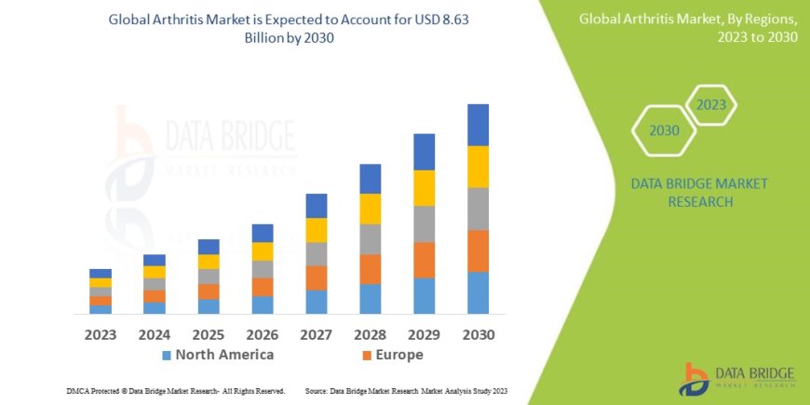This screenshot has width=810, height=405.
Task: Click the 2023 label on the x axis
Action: pyautogui.click(x=101, y=334)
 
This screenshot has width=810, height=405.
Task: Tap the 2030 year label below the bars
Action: pyautogui.click(x=478, y=334)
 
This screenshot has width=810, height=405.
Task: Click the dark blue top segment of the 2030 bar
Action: pyautogui.click(x=478, y=125)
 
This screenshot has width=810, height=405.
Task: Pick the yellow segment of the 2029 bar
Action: pyautogui.click(x=424, y=188)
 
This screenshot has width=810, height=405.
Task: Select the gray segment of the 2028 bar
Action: pyautogui.click(x=370, y=239)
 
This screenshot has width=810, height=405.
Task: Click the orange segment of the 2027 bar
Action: pyautogui.click(x=316, y=277)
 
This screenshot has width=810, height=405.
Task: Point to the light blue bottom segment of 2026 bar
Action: pyautogui.click(x=263, y=304)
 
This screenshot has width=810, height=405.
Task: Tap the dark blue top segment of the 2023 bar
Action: pyautogui.click(x=101, y=273)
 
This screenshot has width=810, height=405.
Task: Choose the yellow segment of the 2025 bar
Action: pyautogui.click(x=209, y=262)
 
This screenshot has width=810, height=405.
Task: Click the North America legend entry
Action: pyautogui.click(x=218, y=355)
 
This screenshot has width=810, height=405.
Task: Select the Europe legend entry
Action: pyautogui.click(x=392, y=355)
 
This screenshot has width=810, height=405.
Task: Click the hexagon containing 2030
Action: pyautogui.click(x=664, y=130)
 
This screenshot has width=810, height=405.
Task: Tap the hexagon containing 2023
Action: pyautogui.click(x=710, y=104)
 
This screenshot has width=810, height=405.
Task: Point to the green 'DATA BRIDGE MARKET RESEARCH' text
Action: pyautogui.click(x=699, y=193)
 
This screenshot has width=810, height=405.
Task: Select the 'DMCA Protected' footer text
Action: pyautogui.click(x=176, y=391)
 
